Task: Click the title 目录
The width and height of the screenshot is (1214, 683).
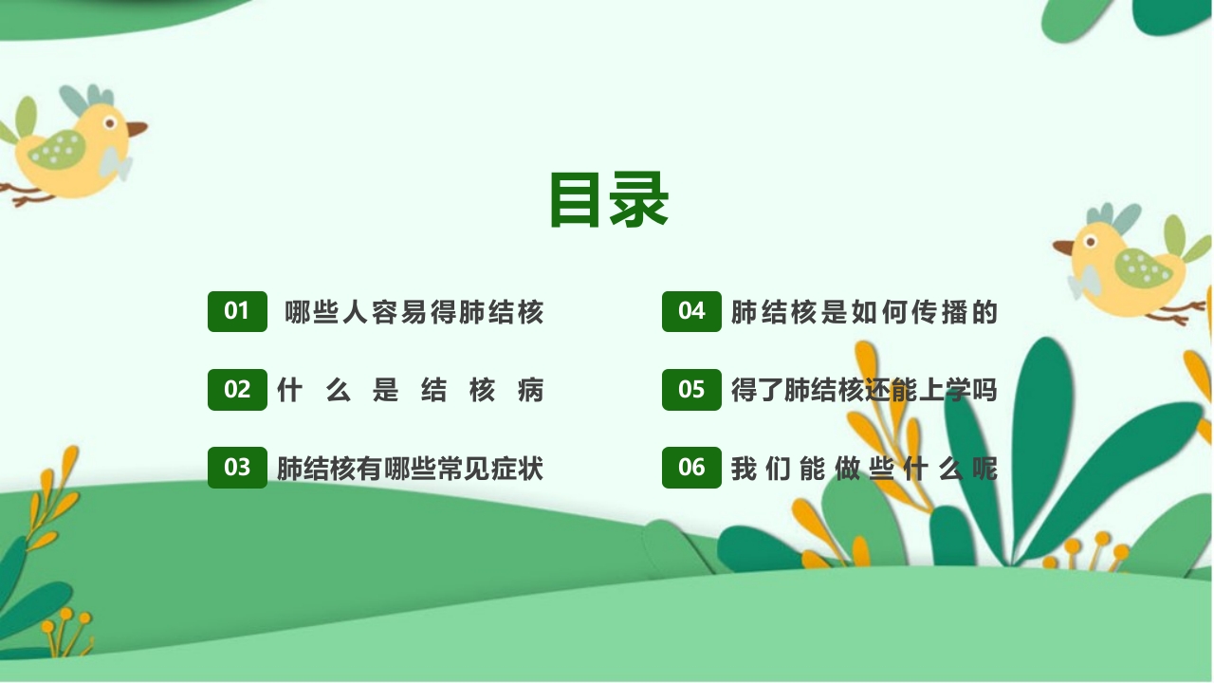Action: pos(609,199)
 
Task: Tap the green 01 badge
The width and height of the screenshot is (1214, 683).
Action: pos(237,311)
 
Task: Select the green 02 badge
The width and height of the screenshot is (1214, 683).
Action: pos(237,389)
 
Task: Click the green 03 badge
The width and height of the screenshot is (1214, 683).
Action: pos(237,468)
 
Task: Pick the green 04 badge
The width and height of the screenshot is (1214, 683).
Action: pos(691,311)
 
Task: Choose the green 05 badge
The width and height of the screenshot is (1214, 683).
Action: pos(691,389)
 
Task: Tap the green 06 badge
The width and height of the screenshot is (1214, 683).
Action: pos(691,468)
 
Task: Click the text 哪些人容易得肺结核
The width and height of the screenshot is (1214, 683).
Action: pos(414,312)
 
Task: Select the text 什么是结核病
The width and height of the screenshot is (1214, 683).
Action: pos(410,390)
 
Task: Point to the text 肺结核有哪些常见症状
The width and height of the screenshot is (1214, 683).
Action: pos(410,469)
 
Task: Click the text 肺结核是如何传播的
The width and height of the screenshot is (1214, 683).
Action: pos(864,312)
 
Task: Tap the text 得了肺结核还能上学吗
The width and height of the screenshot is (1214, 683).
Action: pos(864,390)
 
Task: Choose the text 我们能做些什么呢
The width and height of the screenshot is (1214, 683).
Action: pos(864,469)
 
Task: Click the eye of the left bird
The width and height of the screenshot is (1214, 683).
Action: pos(110,122)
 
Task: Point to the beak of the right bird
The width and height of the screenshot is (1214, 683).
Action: pos(1063,248)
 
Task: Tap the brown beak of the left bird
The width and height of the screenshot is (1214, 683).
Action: pos(137,127)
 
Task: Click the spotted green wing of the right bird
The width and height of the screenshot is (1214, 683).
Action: pos(1143,269)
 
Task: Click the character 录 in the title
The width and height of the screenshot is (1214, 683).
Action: pos(639,199)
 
